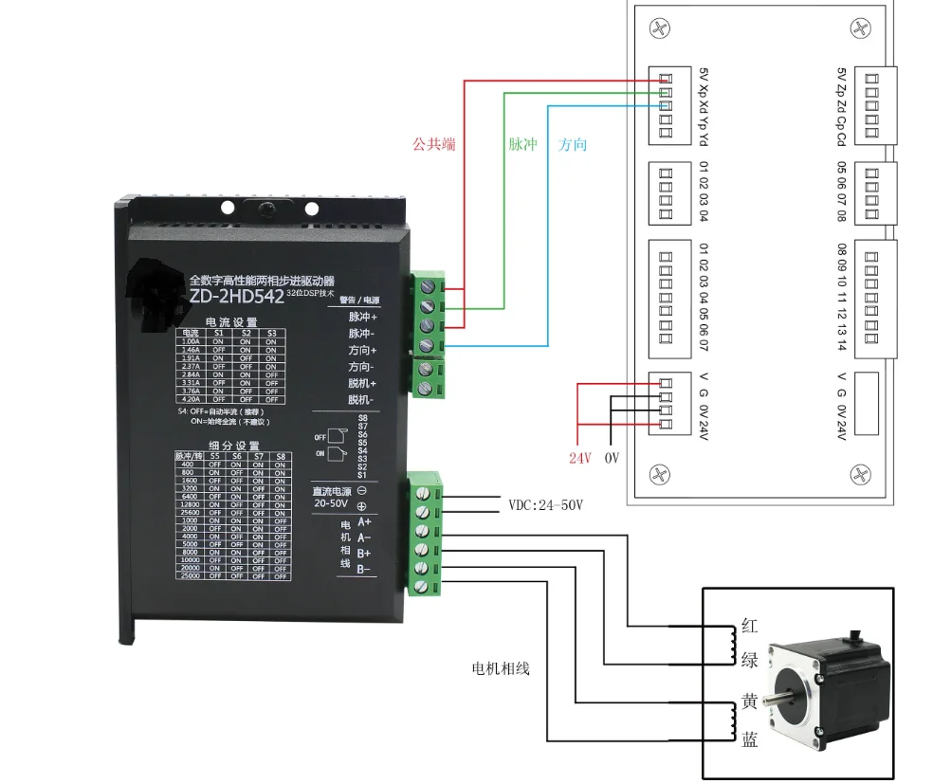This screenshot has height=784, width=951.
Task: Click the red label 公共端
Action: pos(433,145)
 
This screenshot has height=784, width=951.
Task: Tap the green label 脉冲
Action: pos(522,145)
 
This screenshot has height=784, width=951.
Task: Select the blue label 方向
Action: pos(573,145)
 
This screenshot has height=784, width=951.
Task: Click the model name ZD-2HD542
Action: pos(236,296)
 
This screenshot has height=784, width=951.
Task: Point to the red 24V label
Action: pos(579,458)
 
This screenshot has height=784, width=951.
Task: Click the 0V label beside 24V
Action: pos(612,458)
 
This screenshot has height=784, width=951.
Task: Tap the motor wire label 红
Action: pos(749,627)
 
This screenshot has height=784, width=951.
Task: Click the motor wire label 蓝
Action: pos(749,740)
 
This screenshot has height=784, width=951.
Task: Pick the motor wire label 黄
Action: pos(749,702)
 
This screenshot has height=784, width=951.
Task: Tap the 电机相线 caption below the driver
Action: pos(501,668)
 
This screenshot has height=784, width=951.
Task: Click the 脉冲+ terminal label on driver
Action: pos(362,317)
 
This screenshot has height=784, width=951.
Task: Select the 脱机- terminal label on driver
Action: pos(362,400)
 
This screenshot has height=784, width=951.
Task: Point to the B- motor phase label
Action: pos(365,569)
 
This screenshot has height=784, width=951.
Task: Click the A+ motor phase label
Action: pos(365,521)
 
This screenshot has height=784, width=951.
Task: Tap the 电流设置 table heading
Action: pos(230,322)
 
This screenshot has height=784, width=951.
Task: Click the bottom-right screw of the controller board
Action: pos(859,473)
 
